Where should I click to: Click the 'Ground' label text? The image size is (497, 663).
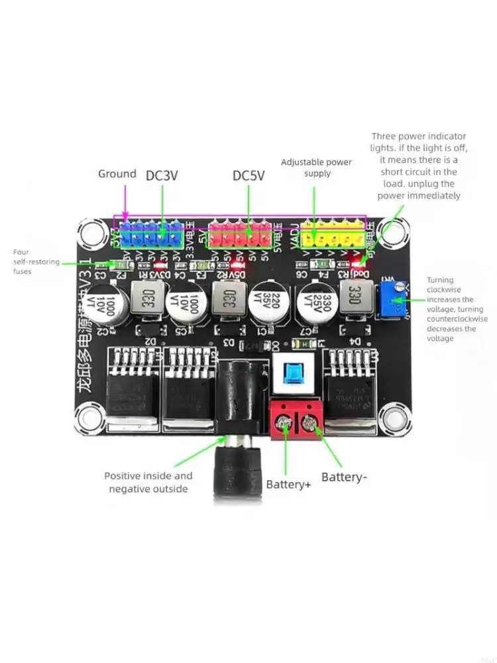(117, 174)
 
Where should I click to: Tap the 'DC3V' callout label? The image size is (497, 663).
(162, 175)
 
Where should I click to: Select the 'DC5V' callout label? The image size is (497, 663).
(248, 176)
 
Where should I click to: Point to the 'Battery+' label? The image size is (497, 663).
(288, 484)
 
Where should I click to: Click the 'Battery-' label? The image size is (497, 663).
(344, 477)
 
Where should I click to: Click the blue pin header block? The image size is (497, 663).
(151, 235)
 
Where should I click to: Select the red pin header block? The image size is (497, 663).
(240, 235)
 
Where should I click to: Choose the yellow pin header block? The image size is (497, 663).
(333, 235)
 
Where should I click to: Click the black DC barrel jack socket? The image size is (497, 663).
(236, 398)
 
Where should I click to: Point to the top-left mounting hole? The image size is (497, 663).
(91, 233)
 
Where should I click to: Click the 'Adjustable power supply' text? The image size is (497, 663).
(316, 168)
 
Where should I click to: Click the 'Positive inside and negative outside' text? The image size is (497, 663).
(148, 482)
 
